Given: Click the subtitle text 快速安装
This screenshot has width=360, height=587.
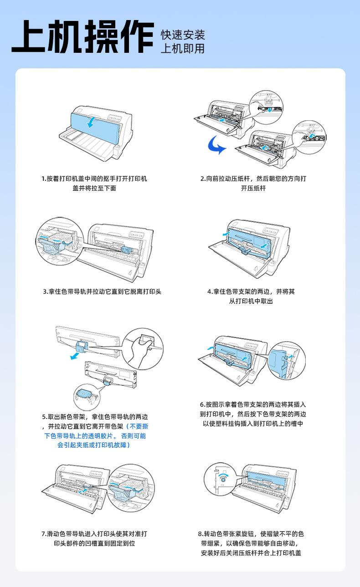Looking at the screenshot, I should tap(183, 35).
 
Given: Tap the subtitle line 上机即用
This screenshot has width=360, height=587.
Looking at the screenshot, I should tap(183, 48).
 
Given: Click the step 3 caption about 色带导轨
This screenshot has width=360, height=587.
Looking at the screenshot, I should tap(102, 291).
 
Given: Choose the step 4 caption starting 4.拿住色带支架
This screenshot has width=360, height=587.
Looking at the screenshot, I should tap(251, 296).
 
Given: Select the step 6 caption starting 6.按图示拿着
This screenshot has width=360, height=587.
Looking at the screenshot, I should tap(253, 414).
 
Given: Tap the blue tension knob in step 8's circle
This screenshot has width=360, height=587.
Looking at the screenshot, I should tap(223, 478).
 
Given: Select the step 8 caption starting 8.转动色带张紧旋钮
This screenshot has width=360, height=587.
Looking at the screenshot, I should tap(251, 543).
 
